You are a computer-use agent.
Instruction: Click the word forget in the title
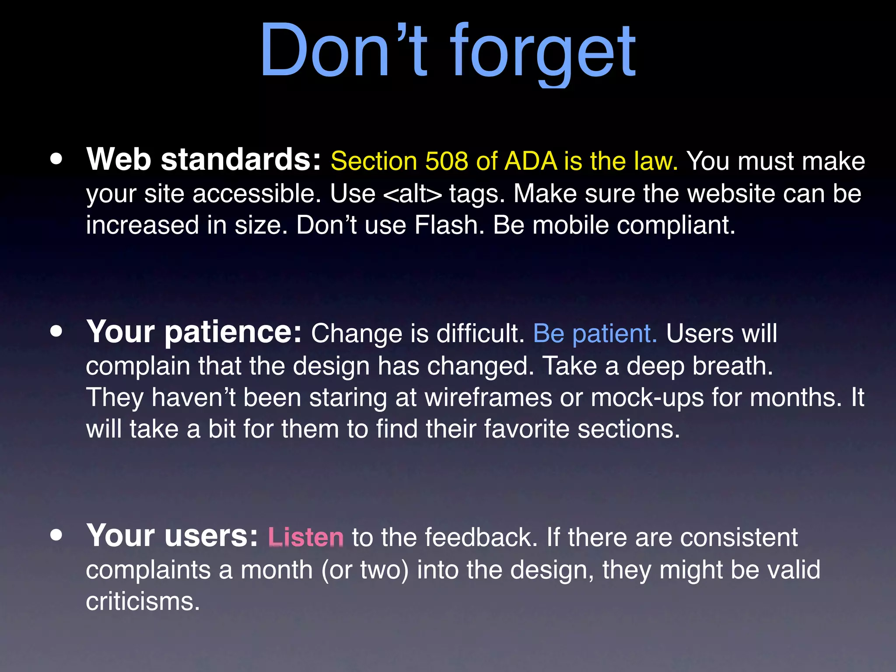coord(542,52)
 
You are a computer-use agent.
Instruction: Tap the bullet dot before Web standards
coord(56,159)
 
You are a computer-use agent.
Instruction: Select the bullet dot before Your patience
coord(56,332)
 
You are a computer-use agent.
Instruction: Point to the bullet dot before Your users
coord(56,535)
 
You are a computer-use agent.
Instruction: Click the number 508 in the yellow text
coord(446,161)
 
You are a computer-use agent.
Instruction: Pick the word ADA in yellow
coord(531,161)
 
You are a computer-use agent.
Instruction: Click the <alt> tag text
coord(412,194)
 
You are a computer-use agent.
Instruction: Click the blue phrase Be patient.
coord(595,333)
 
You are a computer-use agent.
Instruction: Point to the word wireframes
coord(488,397)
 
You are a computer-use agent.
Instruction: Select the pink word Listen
coord(305,537)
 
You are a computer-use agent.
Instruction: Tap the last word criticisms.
coord(143,602)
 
